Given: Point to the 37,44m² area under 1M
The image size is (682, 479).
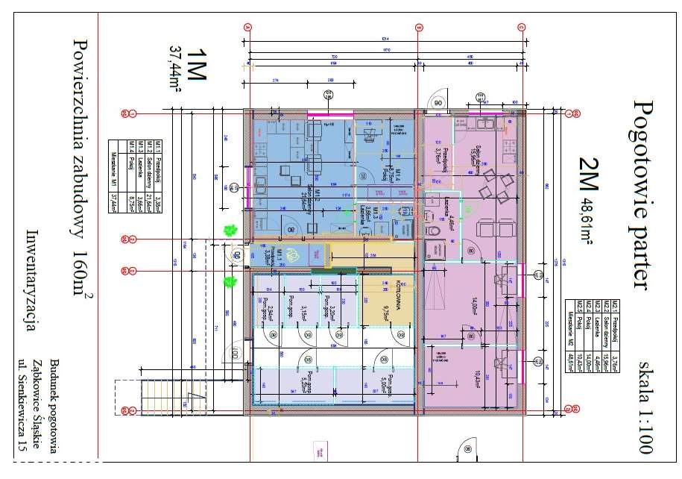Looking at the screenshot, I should (176, 68).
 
